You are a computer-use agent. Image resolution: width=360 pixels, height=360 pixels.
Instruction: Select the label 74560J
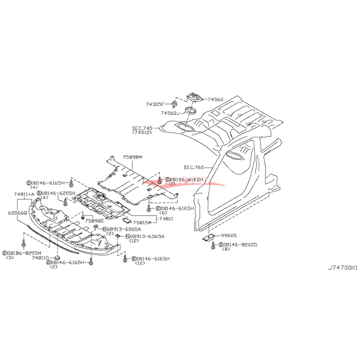(171, 113)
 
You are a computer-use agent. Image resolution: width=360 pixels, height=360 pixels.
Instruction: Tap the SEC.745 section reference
(143, 127)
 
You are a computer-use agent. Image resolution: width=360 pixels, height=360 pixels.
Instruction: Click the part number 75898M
(132, 157)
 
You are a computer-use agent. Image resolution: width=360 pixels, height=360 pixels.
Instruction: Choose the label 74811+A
(24, 194)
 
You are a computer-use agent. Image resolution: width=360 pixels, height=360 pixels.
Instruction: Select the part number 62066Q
(17, 212)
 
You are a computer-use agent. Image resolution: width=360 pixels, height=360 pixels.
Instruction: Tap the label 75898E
(94, 221)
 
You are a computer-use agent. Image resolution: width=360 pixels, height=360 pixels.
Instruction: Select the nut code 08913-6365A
(146, 236)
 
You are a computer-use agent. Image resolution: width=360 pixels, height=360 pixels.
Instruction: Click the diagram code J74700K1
(343, 267)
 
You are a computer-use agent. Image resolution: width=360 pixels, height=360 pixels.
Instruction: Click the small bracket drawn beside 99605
(208, 237)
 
